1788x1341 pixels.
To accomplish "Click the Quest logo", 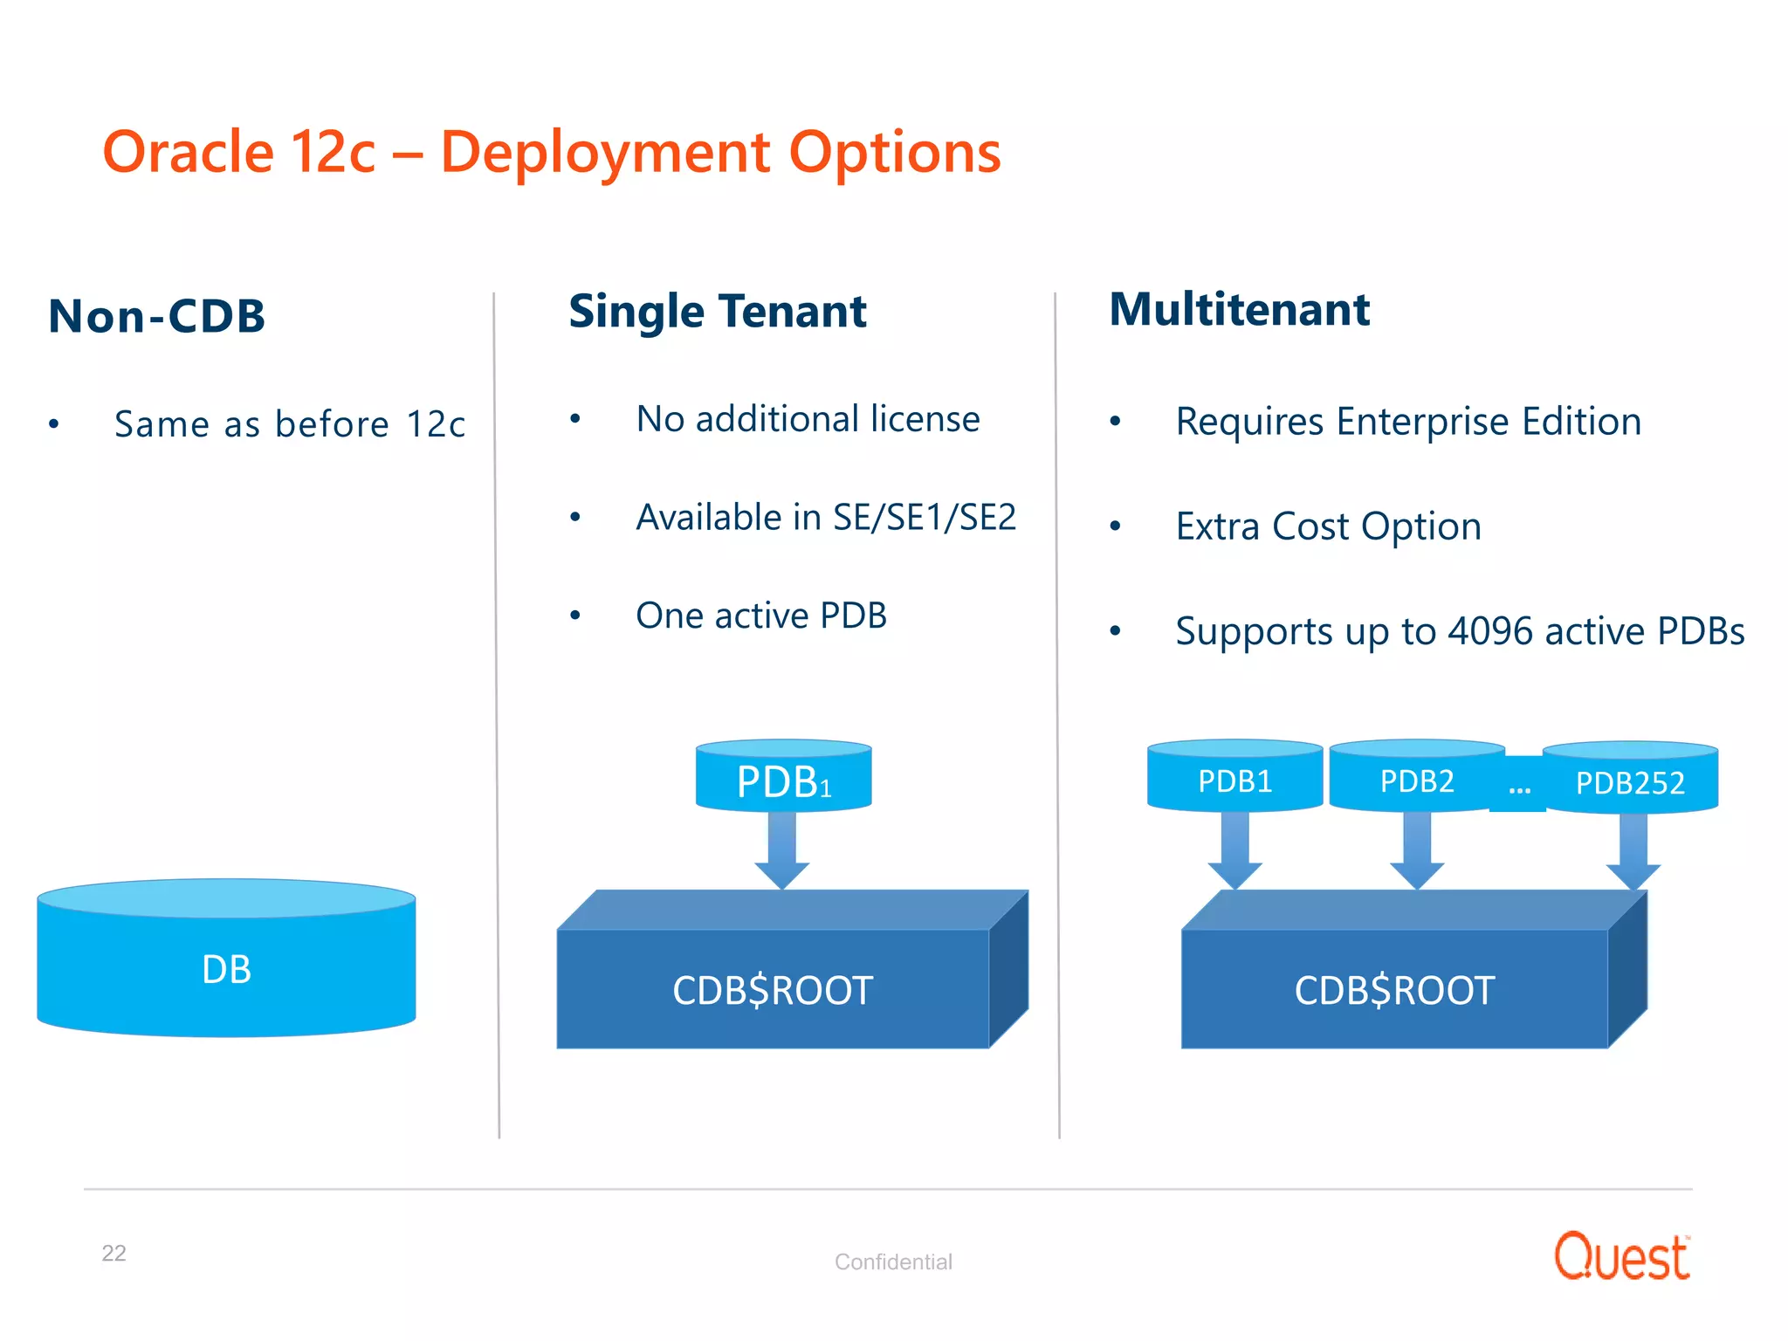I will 1621,1257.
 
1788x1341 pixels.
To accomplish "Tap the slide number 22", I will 113,1253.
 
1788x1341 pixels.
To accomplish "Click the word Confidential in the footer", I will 893,1262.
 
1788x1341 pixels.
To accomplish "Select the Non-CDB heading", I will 157,316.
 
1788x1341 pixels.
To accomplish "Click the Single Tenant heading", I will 717,312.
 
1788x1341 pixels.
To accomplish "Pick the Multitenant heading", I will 1239,310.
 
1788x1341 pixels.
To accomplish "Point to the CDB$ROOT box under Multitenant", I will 1394,989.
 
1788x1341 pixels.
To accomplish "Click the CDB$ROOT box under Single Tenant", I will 773,989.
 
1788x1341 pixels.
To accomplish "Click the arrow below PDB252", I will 1633,851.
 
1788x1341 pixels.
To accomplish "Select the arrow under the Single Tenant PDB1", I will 782,851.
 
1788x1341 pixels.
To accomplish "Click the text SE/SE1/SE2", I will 925,518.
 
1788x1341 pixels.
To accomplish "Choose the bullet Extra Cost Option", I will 1328,526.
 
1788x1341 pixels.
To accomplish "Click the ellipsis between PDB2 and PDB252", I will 1519,788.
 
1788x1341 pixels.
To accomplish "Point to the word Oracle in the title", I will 189,152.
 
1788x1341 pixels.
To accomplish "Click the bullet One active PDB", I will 761,615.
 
